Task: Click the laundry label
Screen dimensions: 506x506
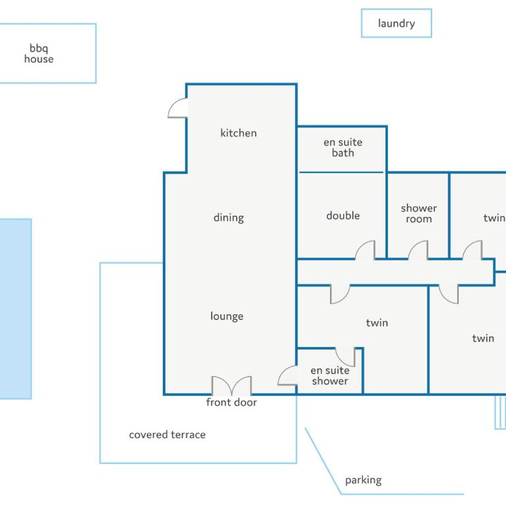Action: pyautogui.click(x=396, y=24)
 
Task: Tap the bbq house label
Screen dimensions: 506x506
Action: pyautogui.click(x=39, y=53)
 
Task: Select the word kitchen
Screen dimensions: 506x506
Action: pyautogui.click(x=239, y=133)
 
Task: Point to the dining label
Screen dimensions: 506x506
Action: pyautogui.click(x=229, y=218)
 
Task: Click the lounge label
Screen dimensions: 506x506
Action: pyautogui.click(x=227, y=316)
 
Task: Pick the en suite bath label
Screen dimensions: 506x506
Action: pyautogui.click(x=343, y=148)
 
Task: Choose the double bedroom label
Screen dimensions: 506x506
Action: pyautogui.click(x=343, y=215)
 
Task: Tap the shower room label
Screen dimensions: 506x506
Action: pyautogui.click(x=418, y=213)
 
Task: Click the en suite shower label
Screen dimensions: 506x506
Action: pyautogui.click(x=330, y=376)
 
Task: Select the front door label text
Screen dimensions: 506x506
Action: pyautogui.click(x=231, y=403)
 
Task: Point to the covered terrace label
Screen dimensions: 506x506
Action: pyautogui.click(x=167, y=435)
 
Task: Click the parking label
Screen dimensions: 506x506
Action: pyautogui.click(x=364, y=480)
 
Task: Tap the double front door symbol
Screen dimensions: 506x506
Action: pyautogui.click(x=231, y=385)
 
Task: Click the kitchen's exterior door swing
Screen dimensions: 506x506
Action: pyautogui.click(x=178, y=108)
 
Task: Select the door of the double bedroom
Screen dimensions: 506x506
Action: pyautogui.click(x=365, y=250)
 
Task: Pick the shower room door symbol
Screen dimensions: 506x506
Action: pyautogui.click(x=418, y=250)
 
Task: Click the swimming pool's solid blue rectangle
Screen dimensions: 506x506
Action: pyautogui.click(x=16, y=309)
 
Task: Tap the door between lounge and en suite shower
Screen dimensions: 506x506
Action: pyautogui.click(x=287, y=376)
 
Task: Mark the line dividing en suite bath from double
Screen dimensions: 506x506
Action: pyautogui.click(x=341, y=173)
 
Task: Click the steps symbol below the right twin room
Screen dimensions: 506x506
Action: pyautogui.click(x=501, y=412)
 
